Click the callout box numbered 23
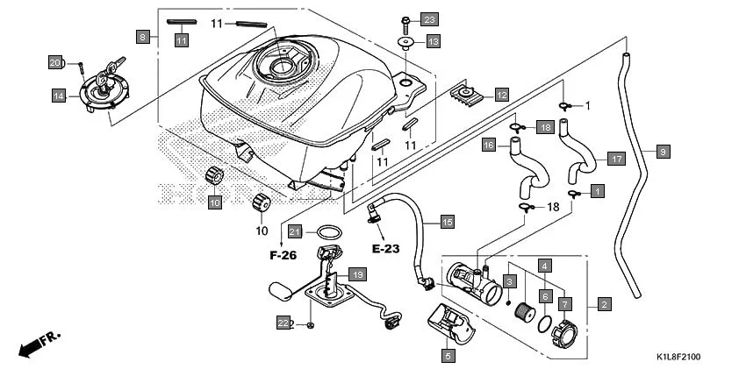[x=428, y=19]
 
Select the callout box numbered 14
[x=59, y=96]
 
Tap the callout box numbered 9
[x=663, y=152]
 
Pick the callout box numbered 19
[x=357, y=274]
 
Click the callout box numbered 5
[x=448, y=356]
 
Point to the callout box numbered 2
[x=604, y=304]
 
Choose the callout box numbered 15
[x=447, y=223]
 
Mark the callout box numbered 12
[x=501, y=95]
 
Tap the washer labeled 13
[x=405, y=41]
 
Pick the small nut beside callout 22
[x=311, y=325]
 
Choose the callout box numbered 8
[x=142, y=36]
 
